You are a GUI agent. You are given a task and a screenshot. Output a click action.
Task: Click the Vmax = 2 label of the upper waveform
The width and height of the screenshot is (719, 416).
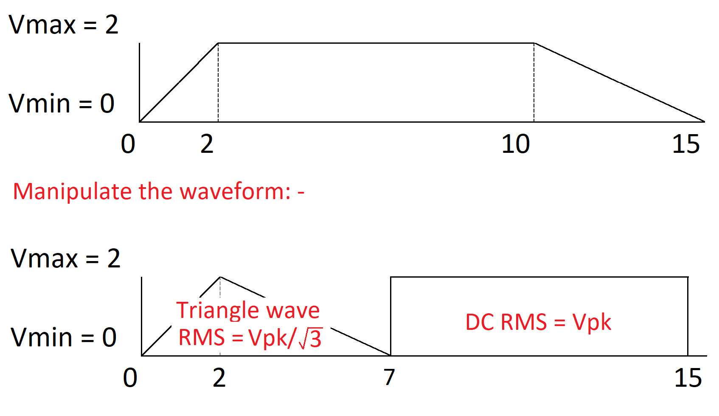(x=64, y=25)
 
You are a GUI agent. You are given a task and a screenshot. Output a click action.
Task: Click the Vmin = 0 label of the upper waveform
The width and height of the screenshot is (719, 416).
(x=62, y=104)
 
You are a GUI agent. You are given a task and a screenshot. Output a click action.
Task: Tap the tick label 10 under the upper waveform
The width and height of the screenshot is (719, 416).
(x=516, y=144)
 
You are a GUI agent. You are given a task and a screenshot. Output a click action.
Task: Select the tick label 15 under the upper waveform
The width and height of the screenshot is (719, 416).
(x=686, y=144)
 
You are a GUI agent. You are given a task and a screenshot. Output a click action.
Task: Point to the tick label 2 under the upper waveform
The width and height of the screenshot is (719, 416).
(x=207, y=144)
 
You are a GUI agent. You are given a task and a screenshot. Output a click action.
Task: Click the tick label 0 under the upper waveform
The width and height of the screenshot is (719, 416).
(x=128, y=144)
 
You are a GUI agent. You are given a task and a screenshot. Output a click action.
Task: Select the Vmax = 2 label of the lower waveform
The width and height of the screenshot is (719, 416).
(x=66, y=259)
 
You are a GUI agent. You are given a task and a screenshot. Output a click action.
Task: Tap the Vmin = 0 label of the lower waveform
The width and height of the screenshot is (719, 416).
(x=64, y=337)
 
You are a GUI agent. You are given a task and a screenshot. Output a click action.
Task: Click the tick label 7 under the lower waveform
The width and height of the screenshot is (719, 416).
(x=389, y=377)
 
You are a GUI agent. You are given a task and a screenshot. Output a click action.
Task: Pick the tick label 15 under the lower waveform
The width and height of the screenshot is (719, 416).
(x=688, y=378)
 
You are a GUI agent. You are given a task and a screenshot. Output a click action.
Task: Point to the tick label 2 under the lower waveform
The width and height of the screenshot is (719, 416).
(x=219, y=378)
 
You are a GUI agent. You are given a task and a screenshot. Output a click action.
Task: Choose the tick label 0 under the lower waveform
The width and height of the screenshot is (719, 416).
(x=130, y=378)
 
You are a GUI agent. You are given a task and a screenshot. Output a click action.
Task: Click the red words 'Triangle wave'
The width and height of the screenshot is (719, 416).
(x=248, y=310)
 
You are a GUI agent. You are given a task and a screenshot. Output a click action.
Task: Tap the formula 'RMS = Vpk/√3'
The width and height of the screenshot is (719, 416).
(x=250, y=338)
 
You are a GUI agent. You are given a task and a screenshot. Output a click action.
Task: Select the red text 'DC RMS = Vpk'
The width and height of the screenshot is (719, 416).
(x=538, y=322)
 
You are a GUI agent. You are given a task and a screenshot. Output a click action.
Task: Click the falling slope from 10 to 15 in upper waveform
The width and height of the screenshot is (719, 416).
(x=620, y=82)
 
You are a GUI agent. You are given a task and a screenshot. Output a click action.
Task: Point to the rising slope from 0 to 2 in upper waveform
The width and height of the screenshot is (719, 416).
(x=179, y=83)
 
